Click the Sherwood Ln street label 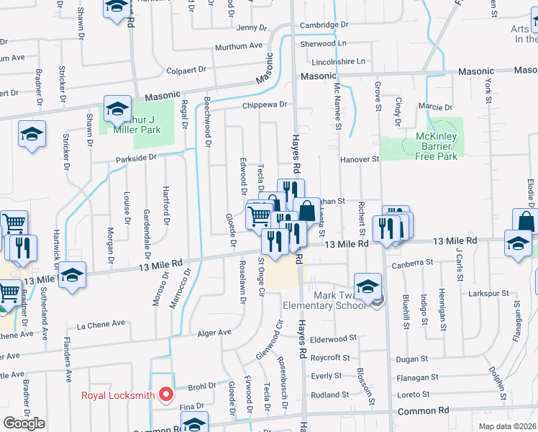[324, 44]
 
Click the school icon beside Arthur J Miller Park [117, 109]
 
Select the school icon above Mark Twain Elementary [368, 287]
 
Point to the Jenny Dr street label [251, 27]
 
